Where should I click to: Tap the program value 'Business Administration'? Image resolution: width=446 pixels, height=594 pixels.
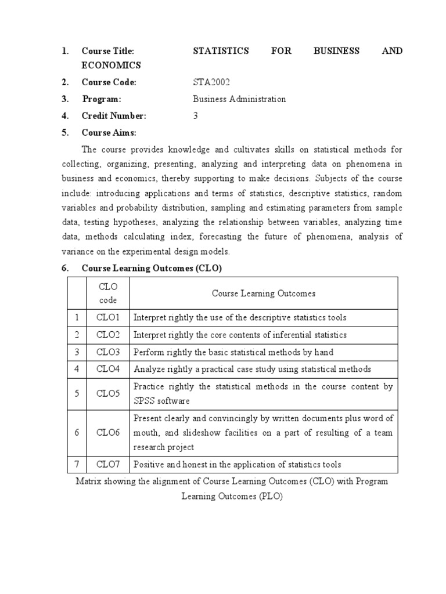tap(239, 99)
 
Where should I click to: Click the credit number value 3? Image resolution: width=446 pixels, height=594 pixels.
tap(196, 116)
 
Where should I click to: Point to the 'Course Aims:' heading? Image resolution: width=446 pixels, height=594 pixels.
tap(109, 133)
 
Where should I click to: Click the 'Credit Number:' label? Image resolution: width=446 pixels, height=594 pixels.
tap(114, 116)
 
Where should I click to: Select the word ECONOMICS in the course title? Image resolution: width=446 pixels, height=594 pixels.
tap(111, 66)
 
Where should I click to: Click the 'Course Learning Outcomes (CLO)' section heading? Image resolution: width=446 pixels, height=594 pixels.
tap(152, 269)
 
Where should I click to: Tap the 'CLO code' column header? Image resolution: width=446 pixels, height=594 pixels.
tap(108, 294)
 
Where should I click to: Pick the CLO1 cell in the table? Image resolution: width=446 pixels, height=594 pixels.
tap(108, 318)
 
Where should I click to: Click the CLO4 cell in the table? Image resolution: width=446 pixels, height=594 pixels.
tap(108, 369)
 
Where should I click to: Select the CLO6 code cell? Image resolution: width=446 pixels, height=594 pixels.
tap(108, 433)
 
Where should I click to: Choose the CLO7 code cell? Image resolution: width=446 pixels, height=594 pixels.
tap(108, 465)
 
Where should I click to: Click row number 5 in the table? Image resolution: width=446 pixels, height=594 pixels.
tap(75, 394)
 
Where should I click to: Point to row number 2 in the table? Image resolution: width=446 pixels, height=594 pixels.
tap(75, 335)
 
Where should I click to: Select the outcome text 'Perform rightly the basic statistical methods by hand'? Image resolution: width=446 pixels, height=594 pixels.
tap(233, 352)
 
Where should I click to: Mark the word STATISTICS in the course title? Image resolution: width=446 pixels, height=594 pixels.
tap(221, 51)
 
